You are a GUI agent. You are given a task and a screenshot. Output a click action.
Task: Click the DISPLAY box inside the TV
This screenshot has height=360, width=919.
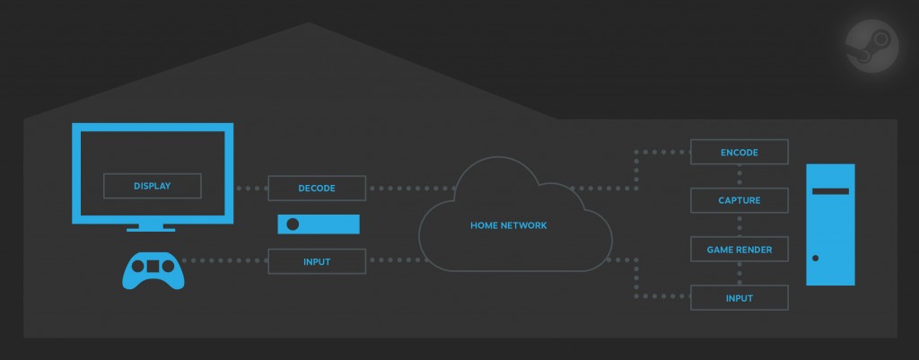pyautogui.click(x=152, y=187)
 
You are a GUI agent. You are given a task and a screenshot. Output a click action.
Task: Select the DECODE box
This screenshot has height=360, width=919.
pyautogui.click(x=317, y=189)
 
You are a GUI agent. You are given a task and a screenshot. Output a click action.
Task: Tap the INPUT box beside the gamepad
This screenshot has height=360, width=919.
pyautogui.click(x=317, y=262)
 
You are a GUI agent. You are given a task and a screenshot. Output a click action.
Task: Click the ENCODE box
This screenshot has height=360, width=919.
pyautogui.click(x=740, y=153)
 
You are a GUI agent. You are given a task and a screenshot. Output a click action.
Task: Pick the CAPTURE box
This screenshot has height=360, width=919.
pyautogui.click(x=740, y=200)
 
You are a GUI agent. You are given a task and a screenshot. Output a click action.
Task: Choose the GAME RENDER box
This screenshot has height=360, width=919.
pyautogui.click(x=740, y=249)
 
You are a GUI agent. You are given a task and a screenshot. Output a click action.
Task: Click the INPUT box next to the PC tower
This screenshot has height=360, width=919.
pyautogui.click(x=740, y=297)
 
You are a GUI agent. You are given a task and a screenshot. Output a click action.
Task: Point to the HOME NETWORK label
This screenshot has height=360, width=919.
pyautogui.click(x=508, y=225)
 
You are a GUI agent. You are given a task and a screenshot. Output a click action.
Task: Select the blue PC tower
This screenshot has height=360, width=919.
pyautogui.click(x=830, y=224)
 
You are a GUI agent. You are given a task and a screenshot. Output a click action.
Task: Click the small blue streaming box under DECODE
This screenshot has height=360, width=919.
pyautogui.click(x=318, y=224)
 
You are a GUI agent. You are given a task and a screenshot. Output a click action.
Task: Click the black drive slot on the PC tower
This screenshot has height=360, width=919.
pyautogui.click(x=830, y=190)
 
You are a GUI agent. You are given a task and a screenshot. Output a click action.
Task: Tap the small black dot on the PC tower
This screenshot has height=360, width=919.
pyautogui.click(x=815, y=259)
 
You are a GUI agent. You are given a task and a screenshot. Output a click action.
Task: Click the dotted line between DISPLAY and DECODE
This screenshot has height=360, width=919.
pyautogui.click(x=251, y=189)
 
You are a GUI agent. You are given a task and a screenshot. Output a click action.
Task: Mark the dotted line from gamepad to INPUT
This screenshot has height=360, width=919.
pyautogui.click(x=224, y=262)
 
